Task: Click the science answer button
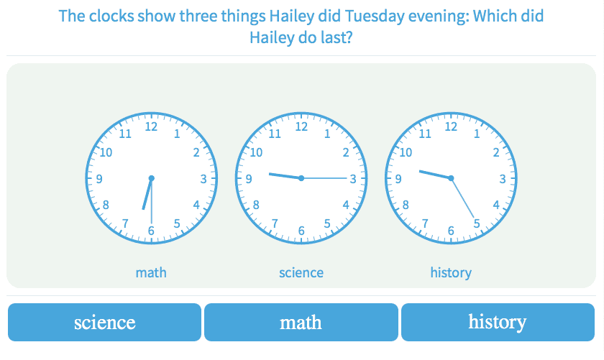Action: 104,322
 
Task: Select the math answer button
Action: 301,322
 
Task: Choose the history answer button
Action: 498,322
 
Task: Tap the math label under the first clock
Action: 151,272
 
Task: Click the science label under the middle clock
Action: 301,272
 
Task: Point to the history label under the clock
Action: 451,272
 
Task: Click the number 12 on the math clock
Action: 151,126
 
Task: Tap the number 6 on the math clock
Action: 152,231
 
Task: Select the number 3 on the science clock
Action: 353,179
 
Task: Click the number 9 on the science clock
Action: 249,179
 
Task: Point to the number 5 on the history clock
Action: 477,223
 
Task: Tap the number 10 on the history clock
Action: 406,152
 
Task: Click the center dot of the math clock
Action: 152,178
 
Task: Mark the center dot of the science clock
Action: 301,178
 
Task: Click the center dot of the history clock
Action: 451,178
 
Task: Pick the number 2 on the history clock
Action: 496,152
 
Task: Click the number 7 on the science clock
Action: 275,223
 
